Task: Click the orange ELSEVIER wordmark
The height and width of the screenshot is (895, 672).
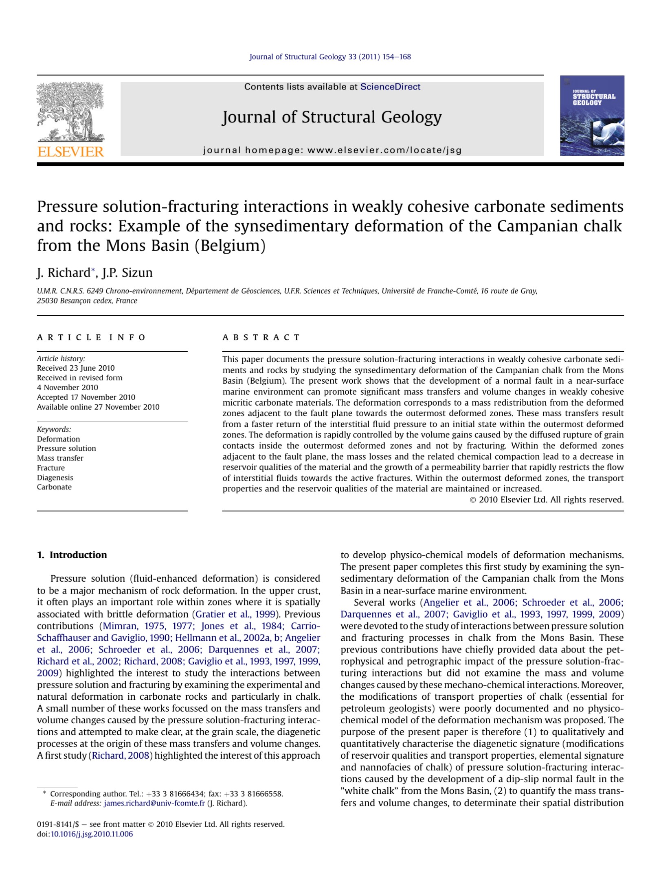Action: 70,152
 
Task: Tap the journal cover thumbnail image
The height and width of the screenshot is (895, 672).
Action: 592,116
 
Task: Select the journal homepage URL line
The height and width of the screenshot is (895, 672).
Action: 332,150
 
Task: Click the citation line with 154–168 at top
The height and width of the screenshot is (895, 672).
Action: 330,57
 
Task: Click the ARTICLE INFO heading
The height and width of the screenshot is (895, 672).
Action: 91,337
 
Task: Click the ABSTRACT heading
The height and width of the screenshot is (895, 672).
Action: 261,337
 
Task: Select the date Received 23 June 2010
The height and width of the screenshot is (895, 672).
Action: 76,368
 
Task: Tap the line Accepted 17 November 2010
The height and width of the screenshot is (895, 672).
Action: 86,397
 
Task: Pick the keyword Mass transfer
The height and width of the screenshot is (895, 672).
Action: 60,458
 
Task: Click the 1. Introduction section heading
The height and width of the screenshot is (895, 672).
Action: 72,555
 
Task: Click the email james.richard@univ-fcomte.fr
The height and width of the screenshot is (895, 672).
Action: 154,803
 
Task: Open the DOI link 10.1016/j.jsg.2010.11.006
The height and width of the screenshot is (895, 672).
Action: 92,834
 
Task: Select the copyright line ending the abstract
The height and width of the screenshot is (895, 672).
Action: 547,500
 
